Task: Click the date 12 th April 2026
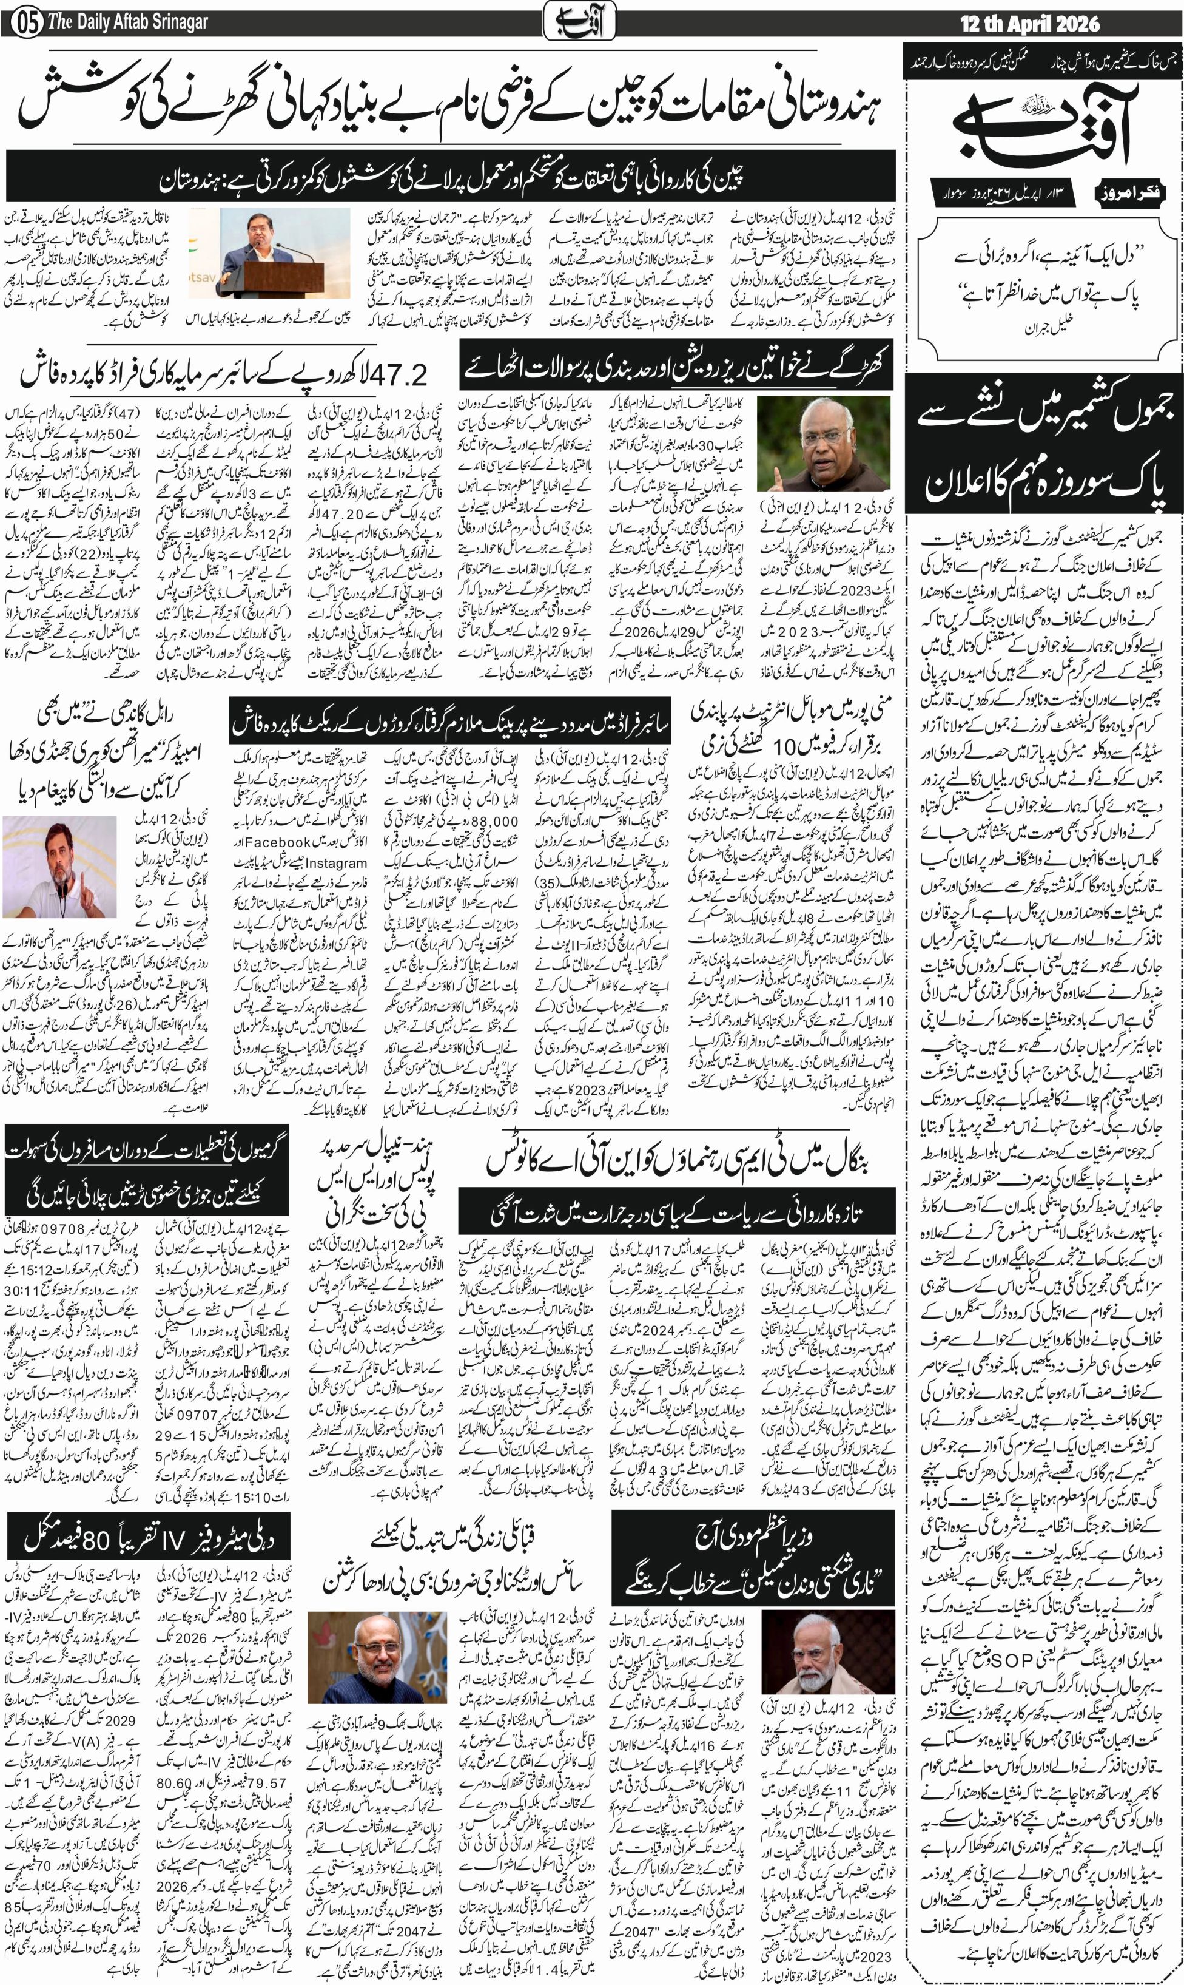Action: pyautogui.click(x=1029, y=24)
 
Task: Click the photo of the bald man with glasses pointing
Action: pyautogui.click(x=823, y=443)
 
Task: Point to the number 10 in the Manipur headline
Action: pyautogui.click(x=786, y=746)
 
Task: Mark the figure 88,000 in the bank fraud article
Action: pyautogui.click(x=495, y=821)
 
